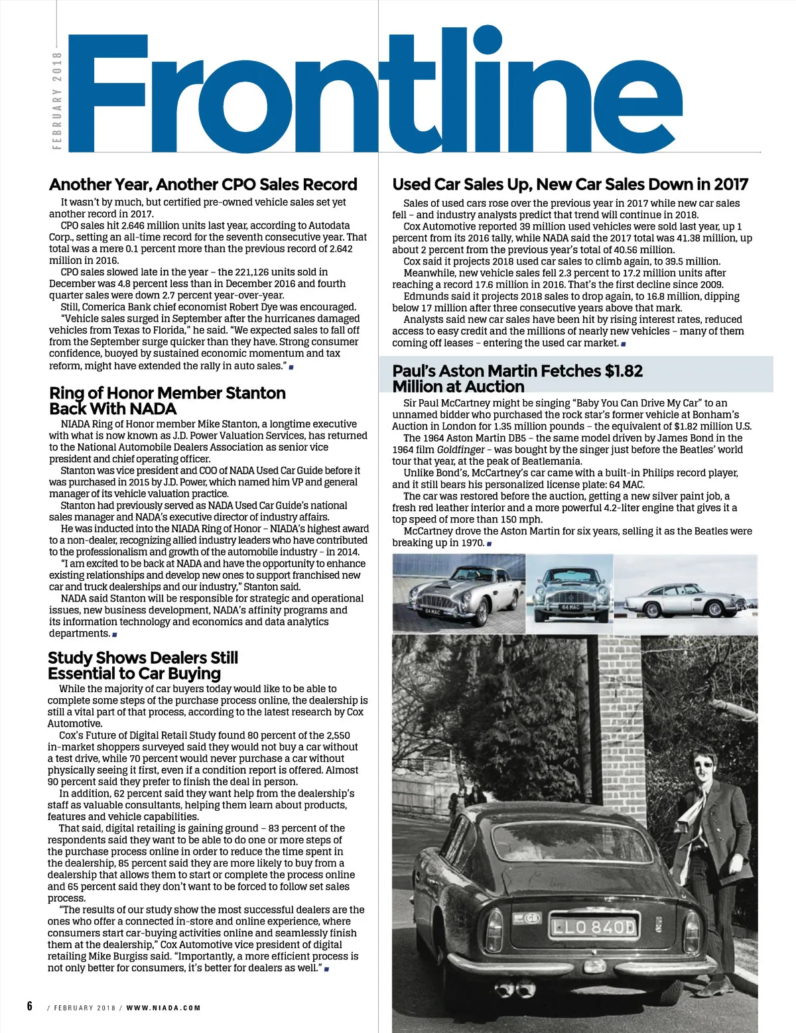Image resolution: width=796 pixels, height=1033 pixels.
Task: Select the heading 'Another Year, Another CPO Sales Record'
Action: point(203,184)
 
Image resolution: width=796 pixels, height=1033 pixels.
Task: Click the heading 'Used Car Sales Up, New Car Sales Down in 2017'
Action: point(570,184)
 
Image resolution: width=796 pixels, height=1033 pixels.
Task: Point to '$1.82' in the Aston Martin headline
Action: point(624,371)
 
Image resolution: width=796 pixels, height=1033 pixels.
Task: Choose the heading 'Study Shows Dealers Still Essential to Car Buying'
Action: point(143,666)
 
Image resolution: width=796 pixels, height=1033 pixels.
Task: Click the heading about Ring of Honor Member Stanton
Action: point(167,400)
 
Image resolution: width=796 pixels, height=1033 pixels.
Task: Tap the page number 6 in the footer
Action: point(29,1006)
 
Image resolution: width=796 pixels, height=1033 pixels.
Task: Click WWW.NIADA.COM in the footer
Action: point(164,1008)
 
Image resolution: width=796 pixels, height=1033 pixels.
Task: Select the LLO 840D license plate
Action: point(592,926)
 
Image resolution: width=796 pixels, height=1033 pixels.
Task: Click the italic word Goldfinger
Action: point(460,450)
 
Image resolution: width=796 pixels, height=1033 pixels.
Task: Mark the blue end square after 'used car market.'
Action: point(624,343)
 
